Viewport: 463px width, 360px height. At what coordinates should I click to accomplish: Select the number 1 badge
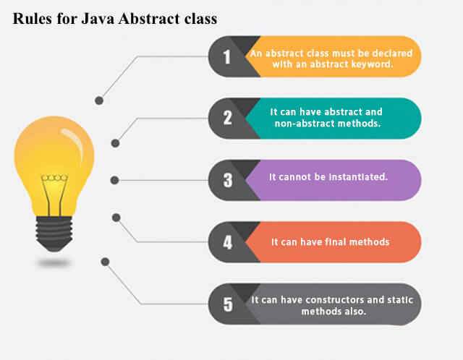click(x=227, y=56)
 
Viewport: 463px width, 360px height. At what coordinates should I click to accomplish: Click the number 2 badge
click(x=227, y=118)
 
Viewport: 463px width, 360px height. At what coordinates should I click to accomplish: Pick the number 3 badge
click(x=227, y=180)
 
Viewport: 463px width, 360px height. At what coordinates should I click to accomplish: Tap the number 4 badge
click(x=227, y=242)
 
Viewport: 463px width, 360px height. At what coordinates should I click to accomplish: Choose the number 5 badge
click(x=227, y=304)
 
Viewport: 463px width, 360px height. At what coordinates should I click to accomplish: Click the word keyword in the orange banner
click(x=371, y=63)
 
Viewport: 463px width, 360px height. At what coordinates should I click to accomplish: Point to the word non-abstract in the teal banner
click(x=304, y=124)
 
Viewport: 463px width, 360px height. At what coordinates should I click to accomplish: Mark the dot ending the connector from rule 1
click(x=99, y=100)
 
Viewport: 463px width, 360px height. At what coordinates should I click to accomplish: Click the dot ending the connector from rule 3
click(x=114, y=180)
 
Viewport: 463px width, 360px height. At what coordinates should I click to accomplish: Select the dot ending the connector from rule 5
click(x=106, y=261)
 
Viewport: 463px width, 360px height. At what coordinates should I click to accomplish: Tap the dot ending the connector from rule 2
click(x=114, y=143)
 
